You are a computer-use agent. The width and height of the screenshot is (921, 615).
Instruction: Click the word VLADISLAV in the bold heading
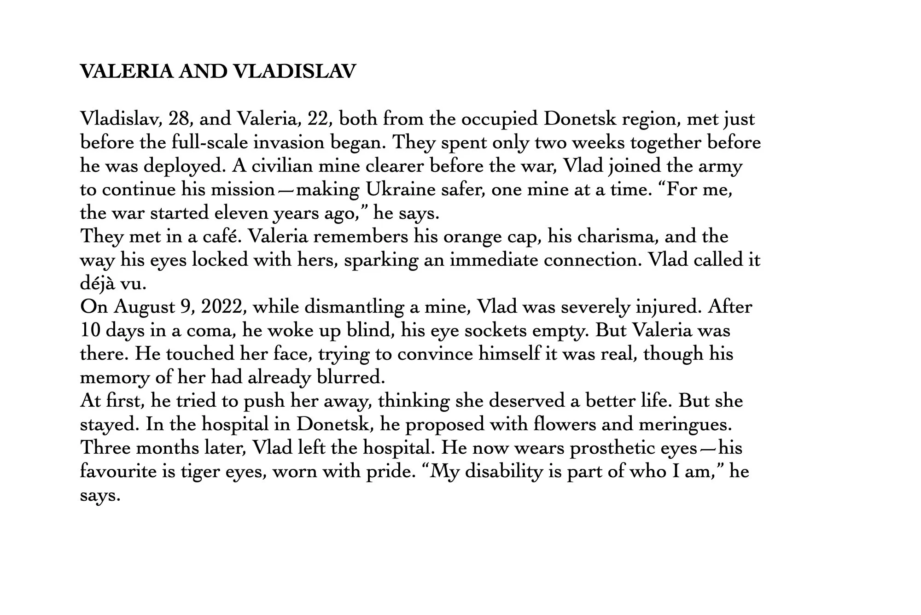[x=295, y=71]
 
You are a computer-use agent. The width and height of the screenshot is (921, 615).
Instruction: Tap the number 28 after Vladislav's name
[x=177, y=119]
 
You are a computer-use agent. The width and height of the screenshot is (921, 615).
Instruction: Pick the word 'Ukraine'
[x=400, y=189]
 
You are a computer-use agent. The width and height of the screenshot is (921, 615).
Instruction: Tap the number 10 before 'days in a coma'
[x=90, y=330]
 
